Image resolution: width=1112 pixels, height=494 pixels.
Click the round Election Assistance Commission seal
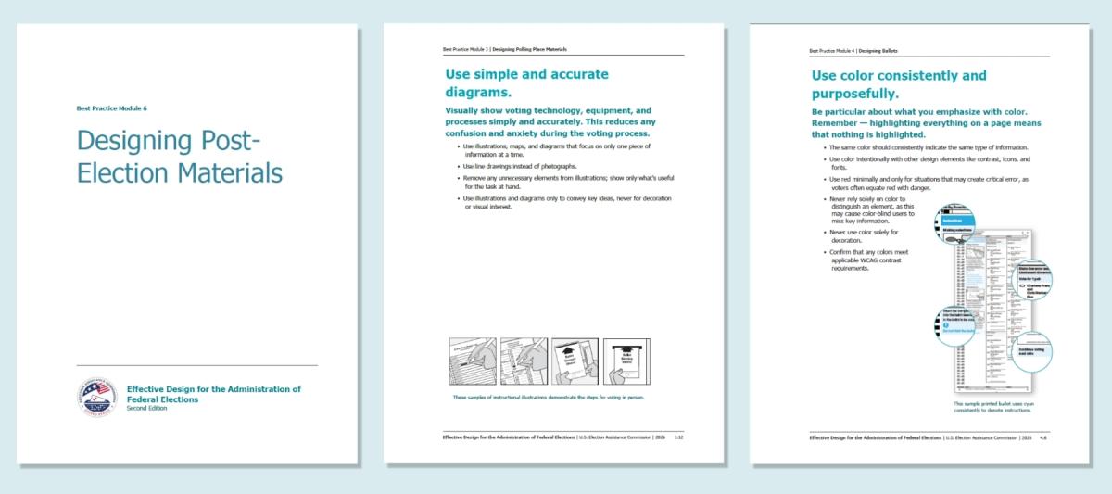click(x=96, y=396)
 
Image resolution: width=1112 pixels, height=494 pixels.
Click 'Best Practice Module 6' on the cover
click(x=111, y=108)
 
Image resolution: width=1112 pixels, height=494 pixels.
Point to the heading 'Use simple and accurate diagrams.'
click(x=526, y=82)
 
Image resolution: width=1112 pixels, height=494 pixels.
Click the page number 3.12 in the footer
click(x=678, y=436)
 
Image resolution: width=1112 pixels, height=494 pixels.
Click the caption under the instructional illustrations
click(x=547, y=397)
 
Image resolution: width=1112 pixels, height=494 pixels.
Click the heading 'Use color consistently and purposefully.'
click(x=898, y=84)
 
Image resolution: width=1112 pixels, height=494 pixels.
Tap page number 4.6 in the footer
click(x=1044, y=437)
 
